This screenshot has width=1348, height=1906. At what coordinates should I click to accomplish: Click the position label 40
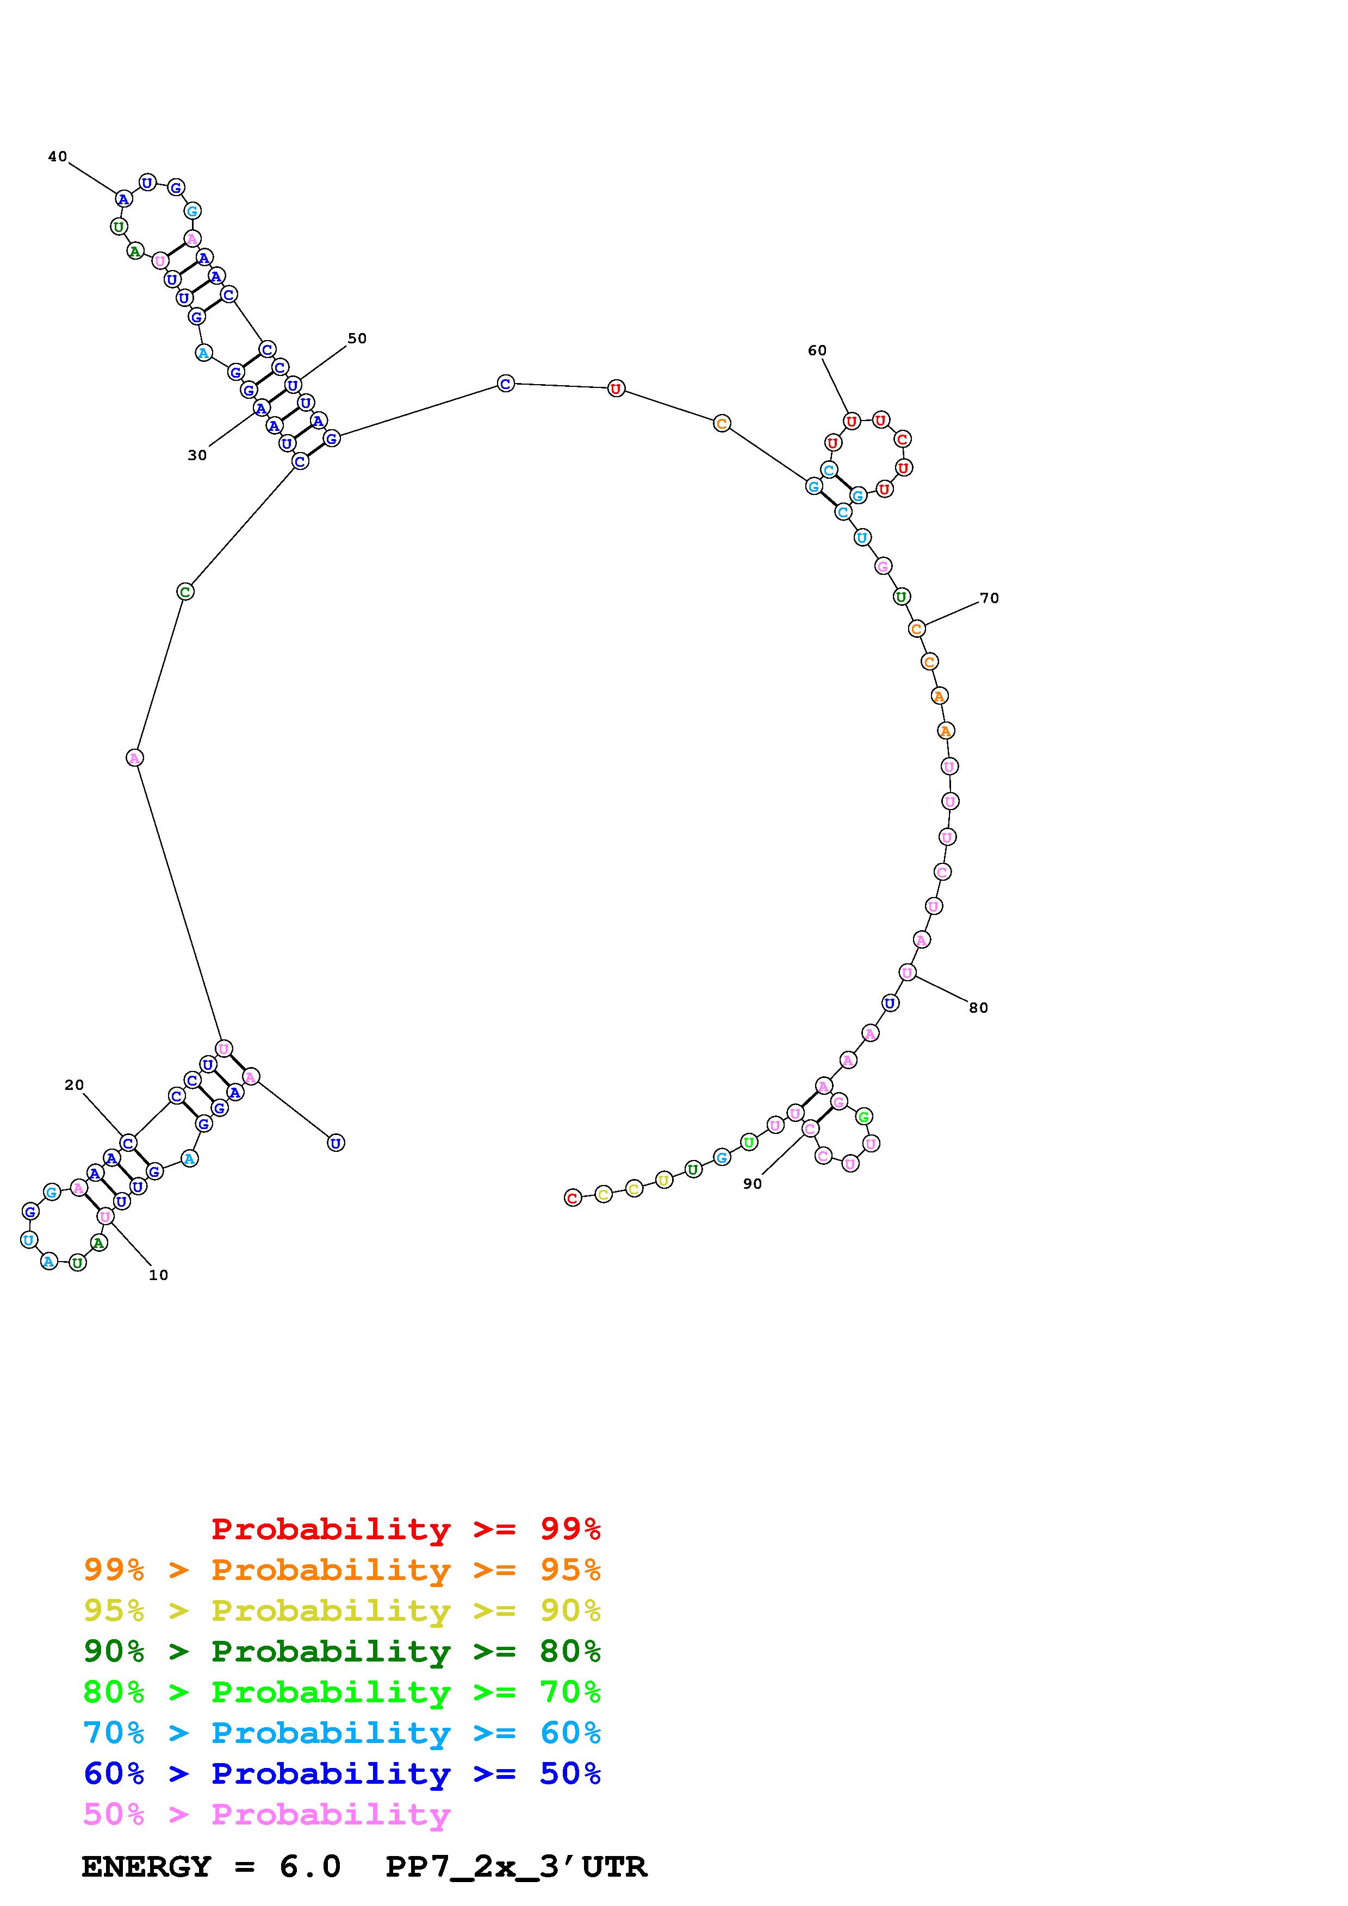[x=57, y=156]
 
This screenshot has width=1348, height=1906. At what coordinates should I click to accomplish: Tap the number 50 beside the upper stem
[x=357, y=338]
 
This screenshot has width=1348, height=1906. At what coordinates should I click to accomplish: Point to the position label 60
[x=817, y=350]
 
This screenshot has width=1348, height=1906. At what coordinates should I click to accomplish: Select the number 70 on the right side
[x=989, y=598]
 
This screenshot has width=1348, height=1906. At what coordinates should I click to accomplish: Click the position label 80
[x=978, y=1008]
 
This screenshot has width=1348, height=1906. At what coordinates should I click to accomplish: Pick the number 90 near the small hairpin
[x=753, y=1184]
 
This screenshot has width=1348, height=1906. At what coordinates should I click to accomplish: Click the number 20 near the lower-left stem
[x=74, y=1085]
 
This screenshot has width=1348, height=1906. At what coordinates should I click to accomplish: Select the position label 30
[x=197, y=455]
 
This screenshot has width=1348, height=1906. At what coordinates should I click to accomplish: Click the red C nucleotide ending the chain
[x=572, y=1198]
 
